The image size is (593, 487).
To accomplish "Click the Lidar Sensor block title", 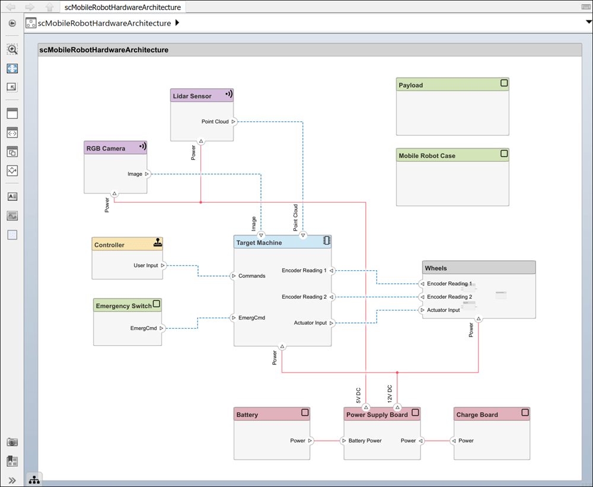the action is tap(192, 96).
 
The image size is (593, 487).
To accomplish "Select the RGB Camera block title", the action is tap(106, 149).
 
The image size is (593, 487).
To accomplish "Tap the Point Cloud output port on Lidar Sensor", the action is tap(234, 121).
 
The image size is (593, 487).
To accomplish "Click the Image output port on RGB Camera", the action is tap(146, 174).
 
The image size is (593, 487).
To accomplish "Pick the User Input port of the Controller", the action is tap(162, 265).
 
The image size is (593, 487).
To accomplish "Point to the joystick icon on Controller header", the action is tap(158, 242).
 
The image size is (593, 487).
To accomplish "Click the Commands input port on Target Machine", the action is tap(234, 276).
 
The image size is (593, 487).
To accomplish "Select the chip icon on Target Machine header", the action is tap(327, 241).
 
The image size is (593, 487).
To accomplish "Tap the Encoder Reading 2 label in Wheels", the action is tap(449, 297).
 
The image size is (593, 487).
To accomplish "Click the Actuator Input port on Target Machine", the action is tap(331, 323).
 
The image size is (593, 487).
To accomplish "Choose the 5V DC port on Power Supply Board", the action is tap(366, 407).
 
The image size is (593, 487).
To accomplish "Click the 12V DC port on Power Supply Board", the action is tap(397, 407).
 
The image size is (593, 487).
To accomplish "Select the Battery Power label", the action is tap(365, 441).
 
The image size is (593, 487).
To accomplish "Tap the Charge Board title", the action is tap(477, 415).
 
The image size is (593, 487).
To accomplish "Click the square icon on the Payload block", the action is tap(504, 83).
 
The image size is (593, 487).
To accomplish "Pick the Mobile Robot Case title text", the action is tap(427, 156).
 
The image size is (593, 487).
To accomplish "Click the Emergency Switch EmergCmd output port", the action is tap(161, 328).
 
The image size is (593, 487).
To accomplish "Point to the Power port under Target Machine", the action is tap(282, 346).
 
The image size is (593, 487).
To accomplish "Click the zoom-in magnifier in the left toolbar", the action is tap(12, 49).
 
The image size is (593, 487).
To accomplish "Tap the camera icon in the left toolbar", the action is tap(12, 442).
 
